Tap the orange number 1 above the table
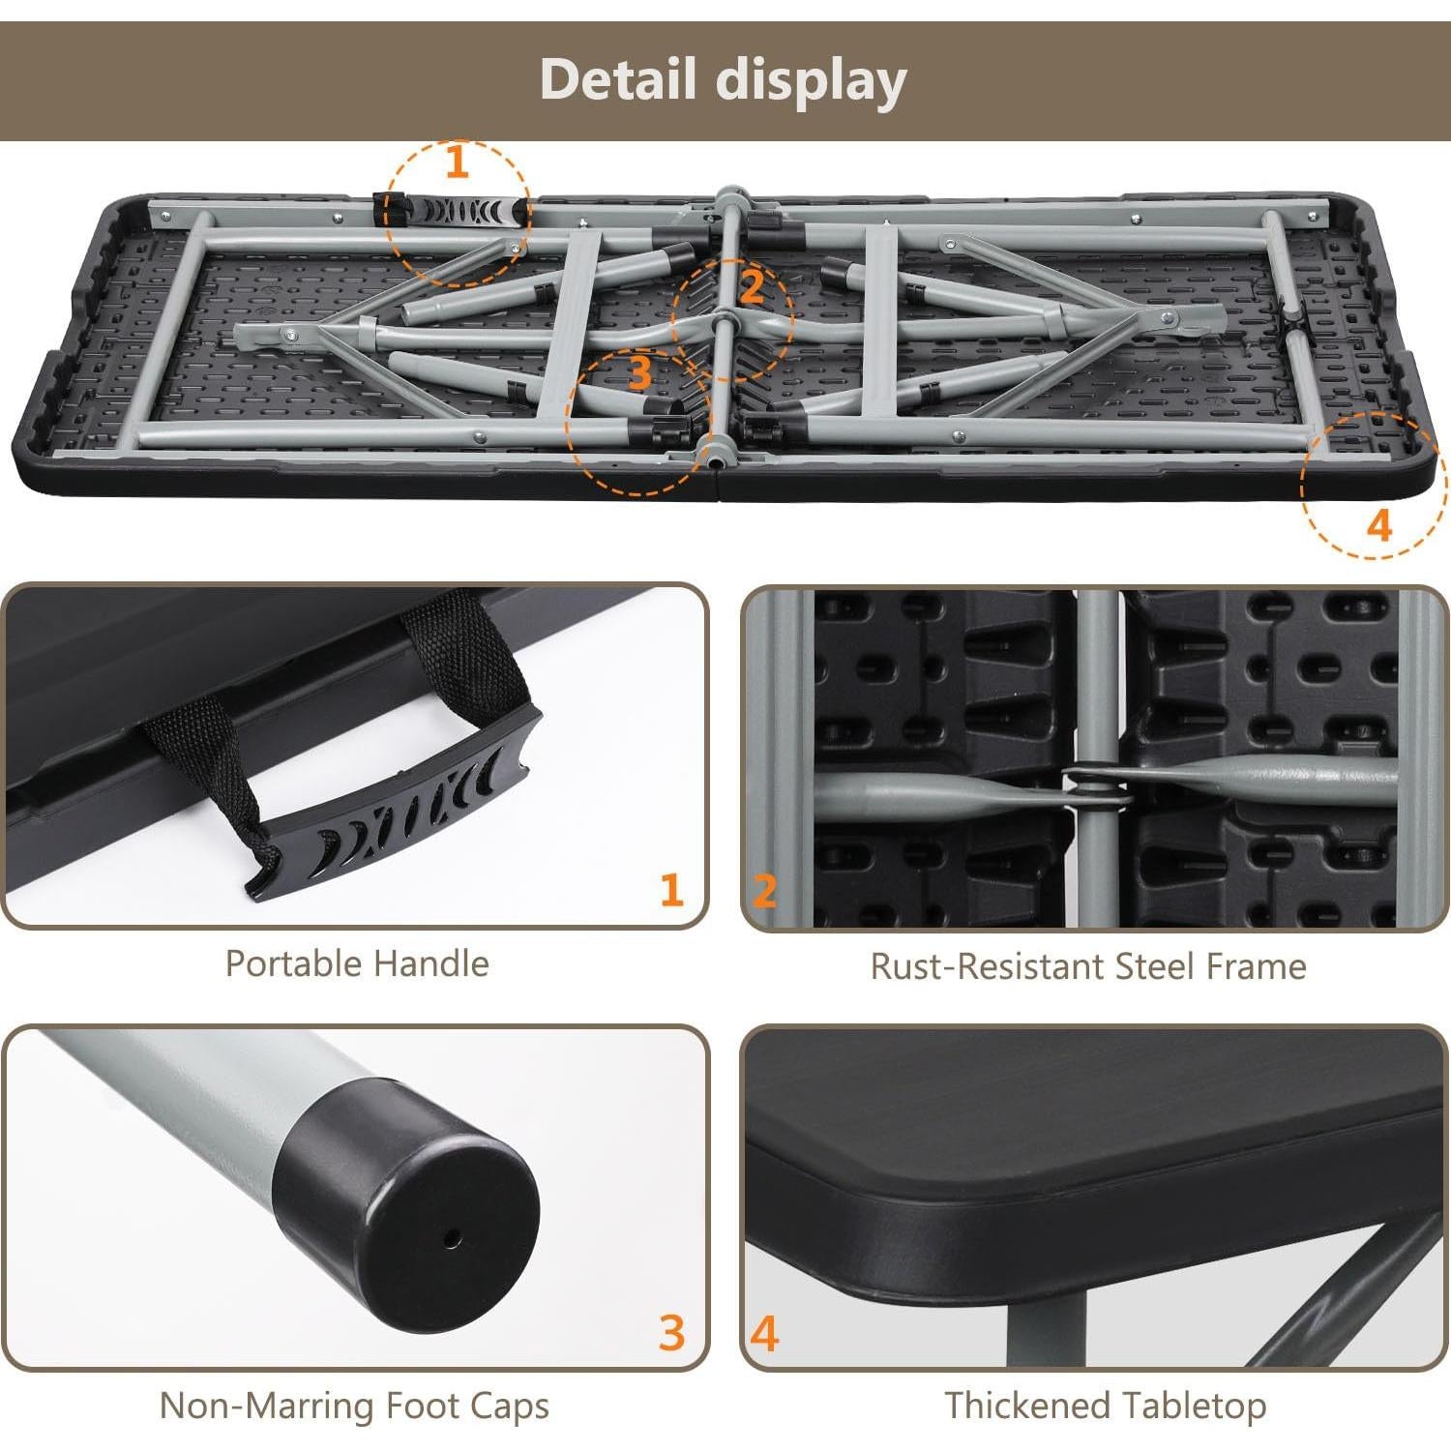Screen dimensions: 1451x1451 [458, 162]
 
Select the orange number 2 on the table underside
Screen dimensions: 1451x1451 [752, 286]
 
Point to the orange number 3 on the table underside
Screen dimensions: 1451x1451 [638, 373]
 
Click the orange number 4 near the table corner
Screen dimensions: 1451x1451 [1378, 525]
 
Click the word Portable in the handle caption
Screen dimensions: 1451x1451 [293, 963]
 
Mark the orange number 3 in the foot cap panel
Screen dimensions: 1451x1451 [671, 1332]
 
